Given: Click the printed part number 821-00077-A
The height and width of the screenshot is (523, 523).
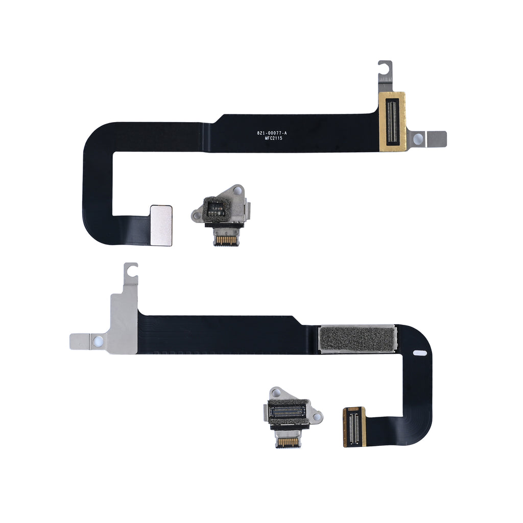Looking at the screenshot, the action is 272,133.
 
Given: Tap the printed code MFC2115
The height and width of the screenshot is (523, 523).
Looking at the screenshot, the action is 274,138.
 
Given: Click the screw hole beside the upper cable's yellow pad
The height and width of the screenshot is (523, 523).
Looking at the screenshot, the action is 418,139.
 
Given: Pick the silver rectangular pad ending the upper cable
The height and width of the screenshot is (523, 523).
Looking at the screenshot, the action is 161,225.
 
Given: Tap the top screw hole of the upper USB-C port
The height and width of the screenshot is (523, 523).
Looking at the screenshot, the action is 237,191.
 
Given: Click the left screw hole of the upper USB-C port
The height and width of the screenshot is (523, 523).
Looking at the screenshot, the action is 196,216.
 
